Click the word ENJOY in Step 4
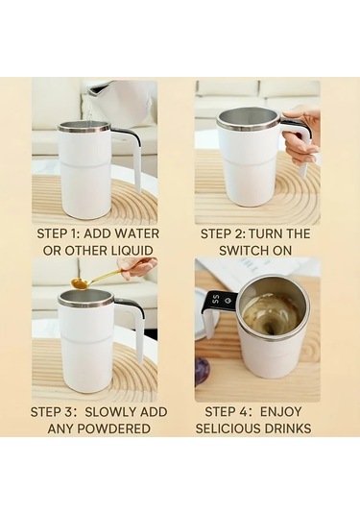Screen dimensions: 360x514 (280, 412)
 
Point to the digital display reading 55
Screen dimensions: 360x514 (215, 299)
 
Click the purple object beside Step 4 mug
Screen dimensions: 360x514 (203, 371)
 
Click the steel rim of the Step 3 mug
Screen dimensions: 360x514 (85, 297)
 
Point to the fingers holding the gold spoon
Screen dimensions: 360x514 (137, 266)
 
